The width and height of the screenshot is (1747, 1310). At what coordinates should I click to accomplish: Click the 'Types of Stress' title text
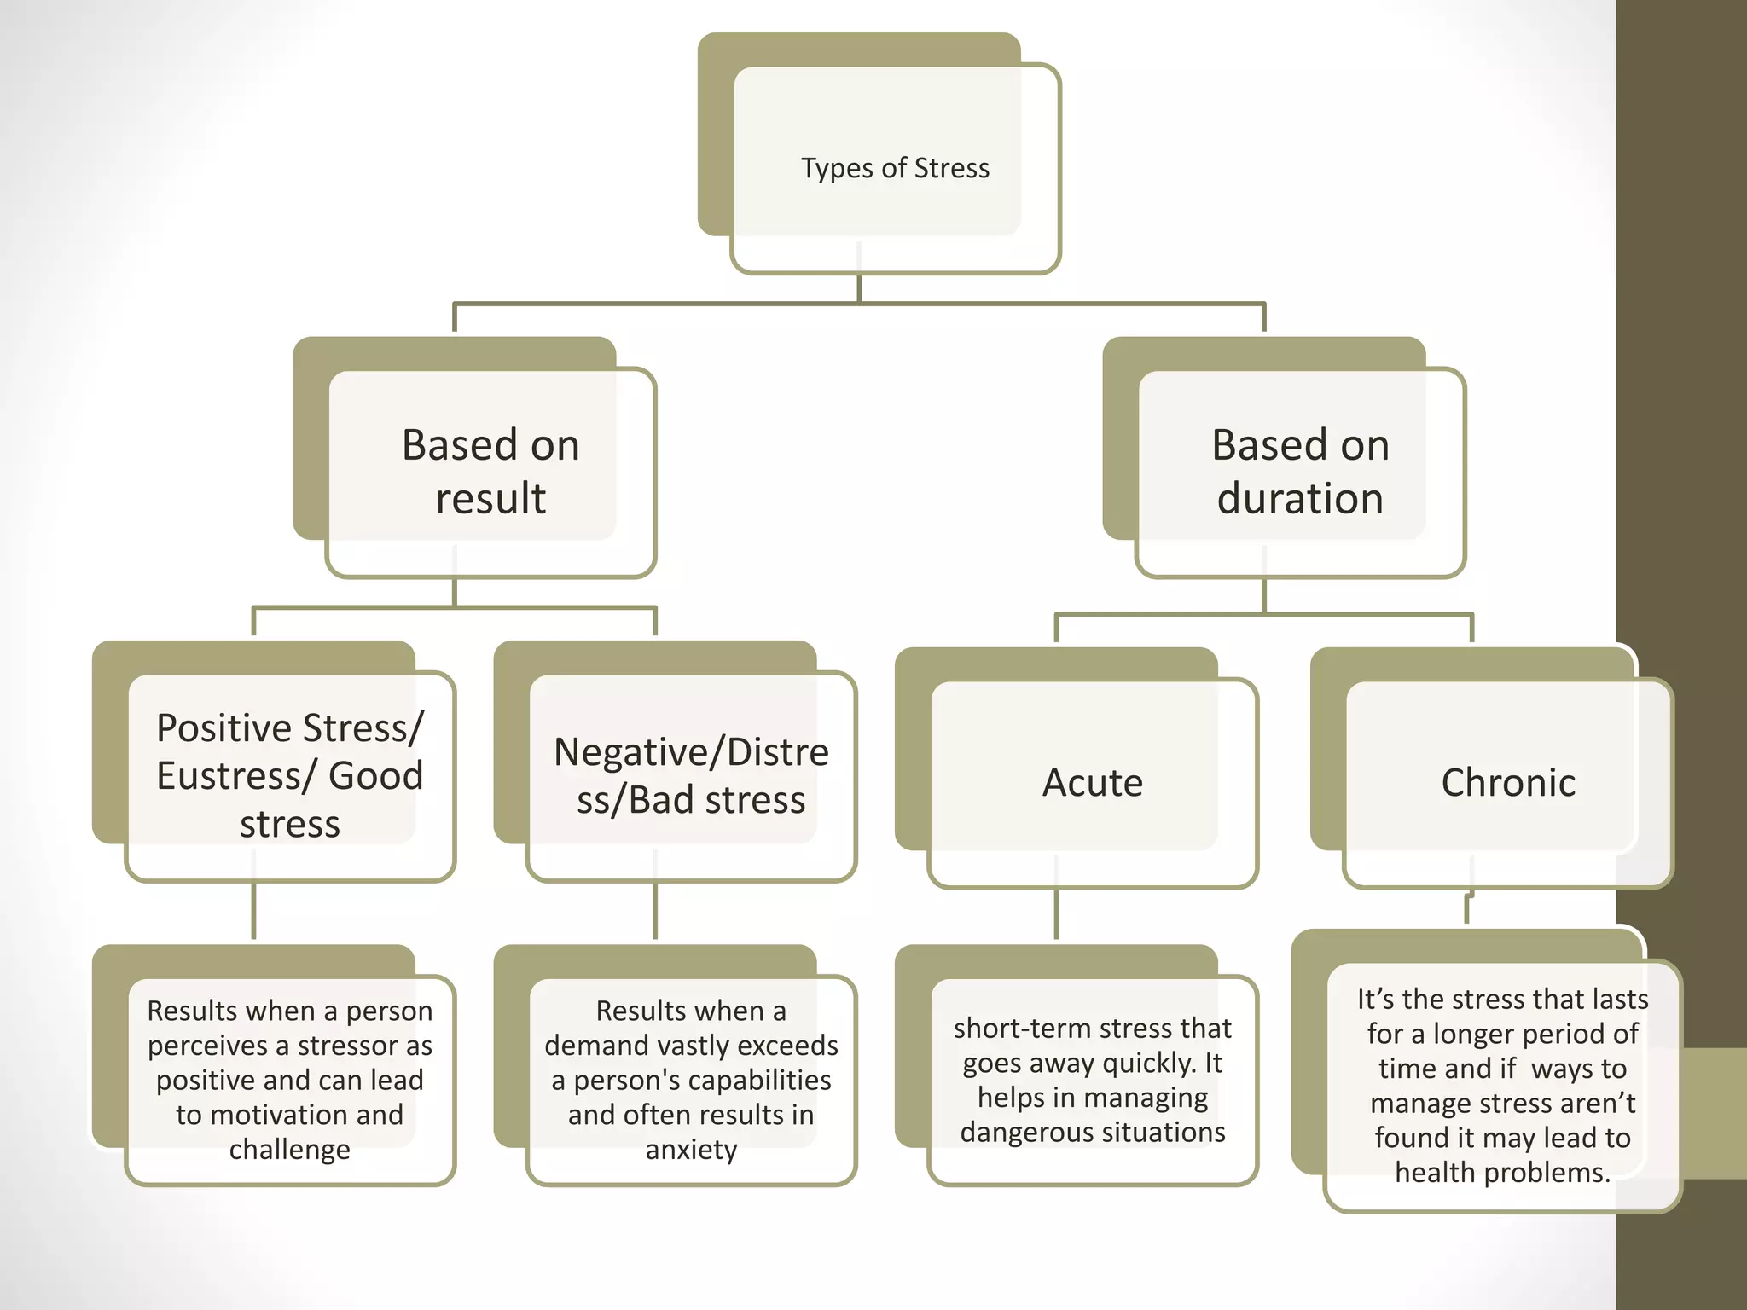point(895,168)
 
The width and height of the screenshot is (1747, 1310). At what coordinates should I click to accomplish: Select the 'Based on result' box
point(490,471)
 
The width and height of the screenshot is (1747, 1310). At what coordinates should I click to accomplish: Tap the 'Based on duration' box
point(1300,471)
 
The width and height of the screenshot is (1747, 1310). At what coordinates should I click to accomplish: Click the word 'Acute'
point(1093,782)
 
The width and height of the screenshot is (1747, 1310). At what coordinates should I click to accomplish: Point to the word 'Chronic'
point(1508,782)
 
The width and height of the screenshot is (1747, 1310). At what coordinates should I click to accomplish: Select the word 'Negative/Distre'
point(691,752)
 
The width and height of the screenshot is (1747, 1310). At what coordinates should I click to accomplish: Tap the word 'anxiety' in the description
point(691,1150)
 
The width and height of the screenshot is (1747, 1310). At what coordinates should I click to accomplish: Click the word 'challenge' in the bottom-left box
point(290,1150)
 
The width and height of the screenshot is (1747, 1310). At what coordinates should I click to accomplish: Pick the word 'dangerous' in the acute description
point(1030,1132)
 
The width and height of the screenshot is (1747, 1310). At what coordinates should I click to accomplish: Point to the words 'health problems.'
point(1503,1173)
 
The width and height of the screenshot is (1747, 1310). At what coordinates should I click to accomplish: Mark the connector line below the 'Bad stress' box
point(655,911)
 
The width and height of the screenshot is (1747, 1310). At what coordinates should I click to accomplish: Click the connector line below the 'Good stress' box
point(253,911)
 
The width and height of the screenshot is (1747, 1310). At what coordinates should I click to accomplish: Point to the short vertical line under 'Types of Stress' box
point(859,288)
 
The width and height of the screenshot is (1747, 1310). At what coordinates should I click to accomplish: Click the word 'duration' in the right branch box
point(1300,498)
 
